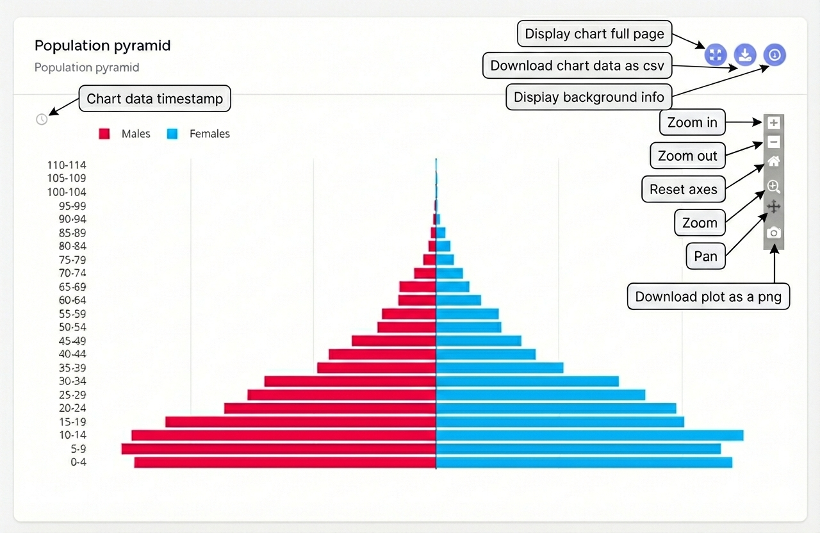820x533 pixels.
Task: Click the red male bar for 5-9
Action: (x=279, y=448)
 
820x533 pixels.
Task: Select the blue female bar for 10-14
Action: (x=589, y=435)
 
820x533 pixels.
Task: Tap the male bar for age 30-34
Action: (x=350, y=381)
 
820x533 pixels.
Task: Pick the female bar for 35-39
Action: (x=500, y=368)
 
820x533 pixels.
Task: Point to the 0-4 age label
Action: (x=78, y=463)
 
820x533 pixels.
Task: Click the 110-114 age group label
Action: (x=67, y=165)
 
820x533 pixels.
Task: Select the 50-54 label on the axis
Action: (x=72, y=327)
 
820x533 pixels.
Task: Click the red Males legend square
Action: (x=104, y=134)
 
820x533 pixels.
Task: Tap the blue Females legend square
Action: (x=172, y=134)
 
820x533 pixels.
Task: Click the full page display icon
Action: (x=716, y=55)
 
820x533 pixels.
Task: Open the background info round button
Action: (x=775, y=55)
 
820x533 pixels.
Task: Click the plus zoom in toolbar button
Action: (x=774, y=122)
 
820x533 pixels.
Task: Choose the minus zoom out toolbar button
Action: (x=774, y=142)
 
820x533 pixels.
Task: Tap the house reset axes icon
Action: (x=774, y=161)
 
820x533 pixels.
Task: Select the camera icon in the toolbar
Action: (x=774, y=233)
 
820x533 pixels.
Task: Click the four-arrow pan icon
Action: (x=774, y=207)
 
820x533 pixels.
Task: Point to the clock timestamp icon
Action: (x=42, y=119)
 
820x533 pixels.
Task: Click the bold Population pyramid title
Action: (x=102, y=46)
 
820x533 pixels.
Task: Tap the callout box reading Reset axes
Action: (x=684, y=190)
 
